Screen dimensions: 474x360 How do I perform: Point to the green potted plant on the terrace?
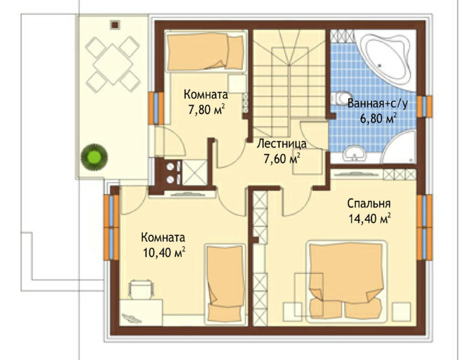point(94,157)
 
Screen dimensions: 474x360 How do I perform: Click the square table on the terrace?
point(113,64)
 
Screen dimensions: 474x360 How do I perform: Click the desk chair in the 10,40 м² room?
point(141,289)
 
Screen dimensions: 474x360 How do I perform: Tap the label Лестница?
point(281,144)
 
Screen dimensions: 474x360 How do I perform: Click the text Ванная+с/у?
point(377,104)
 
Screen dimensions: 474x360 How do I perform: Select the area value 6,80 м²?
point(378,119)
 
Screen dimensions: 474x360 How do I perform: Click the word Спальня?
point(369,204)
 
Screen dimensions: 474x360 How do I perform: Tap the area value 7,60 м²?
point(282,158)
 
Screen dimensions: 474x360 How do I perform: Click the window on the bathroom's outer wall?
point(425,106)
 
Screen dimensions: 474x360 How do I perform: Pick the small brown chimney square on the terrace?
point(115,25)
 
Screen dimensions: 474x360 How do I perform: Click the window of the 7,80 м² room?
point(156,108)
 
